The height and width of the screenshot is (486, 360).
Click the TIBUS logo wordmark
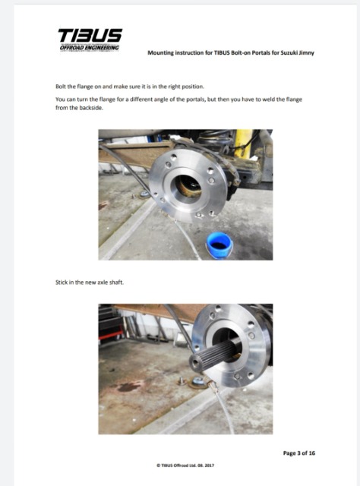tap(90, 36)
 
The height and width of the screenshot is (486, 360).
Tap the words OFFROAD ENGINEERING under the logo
tap(90, 48)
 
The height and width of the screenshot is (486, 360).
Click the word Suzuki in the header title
tap(289, 52)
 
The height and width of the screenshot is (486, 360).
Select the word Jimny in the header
tap(307, 52)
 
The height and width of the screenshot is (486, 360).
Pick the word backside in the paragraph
tap(91, 108)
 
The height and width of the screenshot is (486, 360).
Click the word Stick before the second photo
tap(61, 282)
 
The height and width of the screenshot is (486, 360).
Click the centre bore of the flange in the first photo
tap(187, 186)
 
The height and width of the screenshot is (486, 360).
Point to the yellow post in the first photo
tap(243, 144)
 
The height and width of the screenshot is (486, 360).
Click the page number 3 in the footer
tap(299, 453)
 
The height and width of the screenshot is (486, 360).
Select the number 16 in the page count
tap(311, 453)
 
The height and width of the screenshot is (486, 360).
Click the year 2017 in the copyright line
tap(210, 465)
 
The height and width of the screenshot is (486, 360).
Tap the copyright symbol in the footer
tap(158, 465)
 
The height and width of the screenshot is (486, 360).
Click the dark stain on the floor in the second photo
tap(130, 387)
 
